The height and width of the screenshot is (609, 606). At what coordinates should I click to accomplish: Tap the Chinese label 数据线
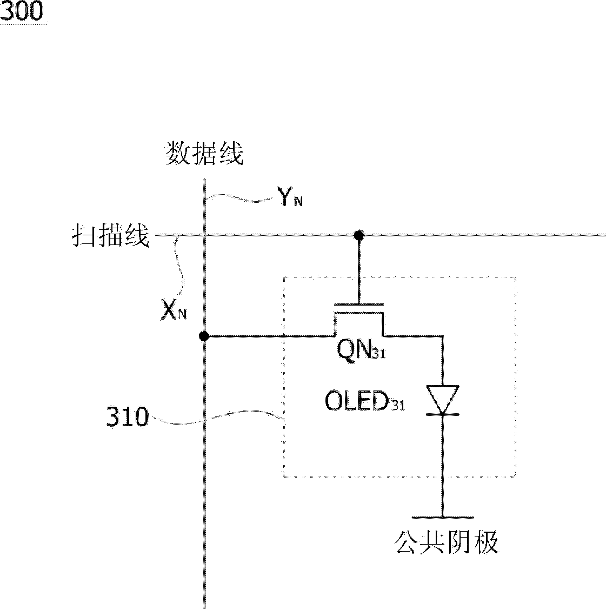[204, 154]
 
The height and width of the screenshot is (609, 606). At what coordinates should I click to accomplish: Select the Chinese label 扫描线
[111, 235]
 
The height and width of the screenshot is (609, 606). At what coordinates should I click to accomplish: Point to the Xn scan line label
[174, 310]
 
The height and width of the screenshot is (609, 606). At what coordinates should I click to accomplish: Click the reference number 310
[128, 417]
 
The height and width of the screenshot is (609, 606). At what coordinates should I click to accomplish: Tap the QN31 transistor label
[361, 349]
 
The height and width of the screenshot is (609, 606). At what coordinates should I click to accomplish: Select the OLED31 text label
[364, 400]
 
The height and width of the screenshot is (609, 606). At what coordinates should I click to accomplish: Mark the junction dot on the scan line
[359, 235]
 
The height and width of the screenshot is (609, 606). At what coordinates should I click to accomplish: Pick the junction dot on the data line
[204, 336]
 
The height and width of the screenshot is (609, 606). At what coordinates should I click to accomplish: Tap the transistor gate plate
[359, 304]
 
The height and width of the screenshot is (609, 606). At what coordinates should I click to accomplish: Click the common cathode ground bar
[443, 518]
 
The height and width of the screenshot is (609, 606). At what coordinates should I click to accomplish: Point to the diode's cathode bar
[443, 414]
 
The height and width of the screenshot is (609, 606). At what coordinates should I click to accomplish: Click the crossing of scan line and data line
[204, 235]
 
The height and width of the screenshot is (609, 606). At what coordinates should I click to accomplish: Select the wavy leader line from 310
[217, 417]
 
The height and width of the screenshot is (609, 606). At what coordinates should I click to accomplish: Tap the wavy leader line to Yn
[240, 198]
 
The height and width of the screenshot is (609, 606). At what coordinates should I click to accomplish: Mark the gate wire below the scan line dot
[359, 270]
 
